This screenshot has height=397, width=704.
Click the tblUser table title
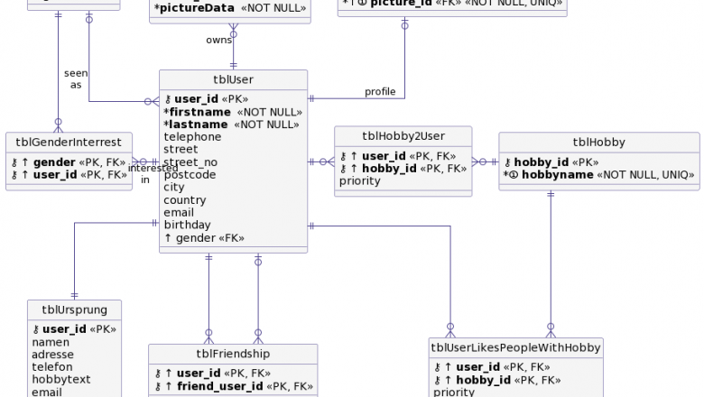tap(233, 79)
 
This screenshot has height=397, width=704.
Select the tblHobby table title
tap(598, 142)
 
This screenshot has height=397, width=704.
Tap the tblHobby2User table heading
tap(403, 135)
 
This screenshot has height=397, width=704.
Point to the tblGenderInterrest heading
tap(69, 142)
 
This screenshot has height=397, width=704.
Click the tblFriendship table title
tap(233, 354)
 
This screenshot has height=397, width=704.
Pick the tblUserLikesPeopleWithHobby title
tap(515, 347)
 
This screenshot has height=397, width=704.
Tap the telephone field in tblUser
tap(192, 137)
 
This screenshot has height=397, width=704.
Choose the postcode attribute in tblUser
tap(190, 174)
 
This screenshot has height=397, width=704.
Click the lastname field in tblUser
tap(197, 125)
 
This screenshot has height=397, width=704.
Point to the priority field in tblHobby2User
tap(360, 180)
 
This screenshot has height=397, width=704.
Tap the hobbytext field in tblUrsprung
tap(61, 380)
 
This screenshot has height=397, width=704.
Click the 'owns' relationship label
tap(218, 40)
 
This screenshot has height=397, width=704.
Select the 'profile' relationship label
tap(380, 91)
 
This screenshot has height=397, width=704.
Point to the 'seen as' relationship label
tap(76, 78)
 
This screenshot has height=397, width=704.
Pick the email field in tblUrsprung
tap(47, 392)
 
